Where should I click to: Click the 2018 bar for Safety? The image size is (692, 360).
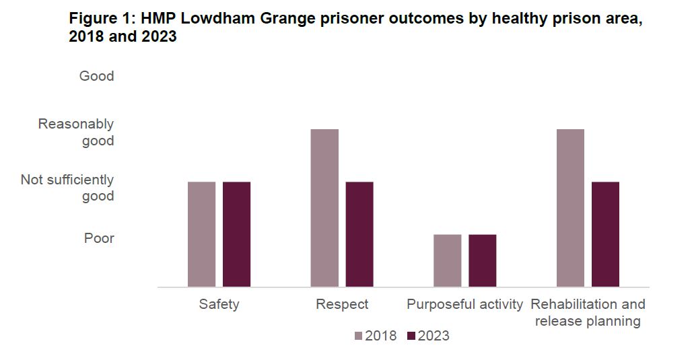click(201, 234)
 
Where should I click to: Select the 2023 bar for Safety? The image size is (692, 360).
click(236, 234)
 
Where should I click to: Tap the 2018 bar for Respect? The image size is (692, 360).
click(324, 208)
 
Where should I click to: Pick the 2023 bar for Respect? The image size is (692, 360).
click(359, 234)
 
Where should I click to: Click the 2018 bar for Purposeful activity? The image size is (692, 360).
click(448, 260)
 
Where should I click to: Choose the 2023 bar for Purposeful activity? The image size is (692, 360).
click(483, 260)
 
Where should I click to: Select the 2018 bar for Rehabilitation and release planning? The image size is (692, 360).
click(571, 208)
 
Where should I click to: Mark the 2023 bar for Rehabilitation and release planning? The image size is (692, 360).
click(605, 234)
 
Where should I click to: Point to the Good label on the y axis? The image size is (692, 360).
click(96, 76)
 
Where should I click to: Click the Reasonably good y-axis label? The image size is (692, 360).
click(76, 133)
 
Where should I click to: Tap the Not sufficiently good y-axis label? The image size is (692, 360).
click(67, 188)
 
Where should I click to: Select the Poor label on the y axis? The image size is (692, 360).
click(99, 238)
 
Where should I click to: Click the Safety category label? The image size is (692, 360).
click(219, 305)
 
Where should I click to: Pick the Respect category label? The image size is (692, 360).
click(342, 305)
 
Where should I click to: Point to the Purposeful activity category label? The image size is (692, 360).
click(464, 305)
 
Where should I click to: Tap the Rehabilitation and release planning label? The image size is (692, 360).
click(588, 313)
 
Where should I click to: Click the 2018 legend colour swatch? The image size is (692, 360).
click(358, 336)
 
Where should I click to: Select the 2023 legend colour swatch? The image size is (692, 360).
click(411, 336)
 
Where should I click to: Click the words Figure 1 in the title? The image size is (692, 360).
click(98, 19)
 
